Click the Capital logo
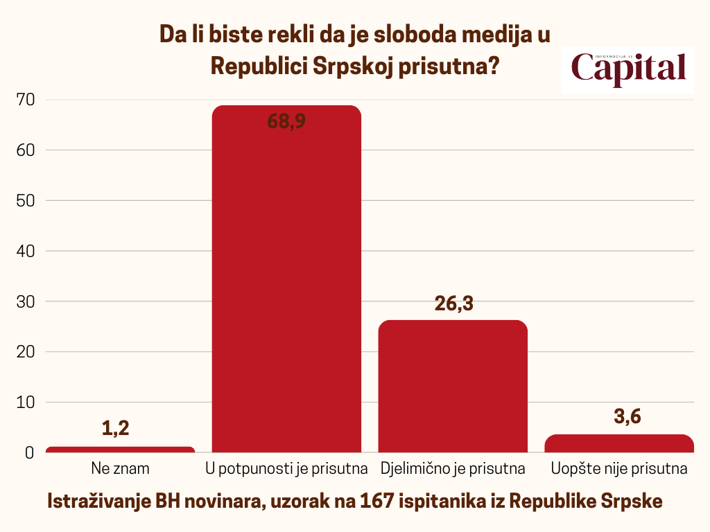(x=627, y=69)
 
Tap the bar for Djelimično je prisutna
(x=453, y=388)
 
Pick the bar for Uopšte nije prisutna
(x=619, y=443)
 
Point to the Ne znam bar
(x=120, y=450)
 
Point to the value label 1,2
(x=116, y=429)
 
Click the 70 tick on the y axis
(x=25, y=100)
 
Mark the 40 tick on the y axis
(x=25, y=251)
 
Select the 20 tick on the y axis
(x=25, y=352)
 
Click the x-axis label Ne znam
(x=120, y=469)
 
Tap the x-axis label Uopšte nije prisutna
(x=619, y=469)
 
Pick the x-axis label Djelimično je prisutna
(x=453, y=469)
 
